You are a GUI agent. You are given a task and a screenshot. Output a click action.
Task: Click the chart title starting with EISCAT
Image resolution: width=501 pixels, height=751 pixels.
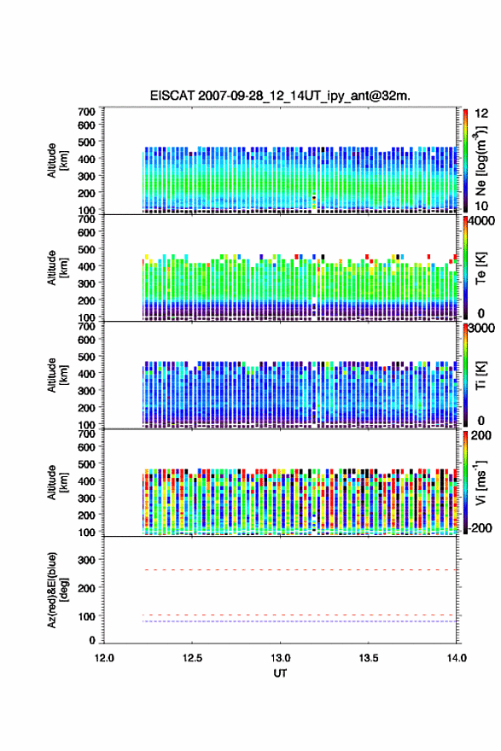tap(280, 96)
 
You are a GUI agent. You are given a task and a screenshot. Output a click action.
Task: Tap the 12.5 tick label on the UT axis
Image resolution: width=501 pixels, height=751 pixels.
tap(192, 658)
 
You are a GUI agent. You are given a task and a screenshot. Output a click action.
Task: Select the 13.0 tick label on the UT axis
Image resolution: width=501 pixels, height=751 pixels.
tap(280, 658)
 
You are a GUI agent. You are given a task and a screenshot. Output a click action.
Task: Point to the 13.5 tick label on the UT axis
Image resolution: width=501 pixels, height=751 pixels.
tap(369, 658)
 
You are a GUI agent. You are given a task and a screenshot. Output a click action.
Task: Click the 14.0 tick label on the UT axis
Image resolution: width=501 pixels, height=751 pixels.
tap(457, 658)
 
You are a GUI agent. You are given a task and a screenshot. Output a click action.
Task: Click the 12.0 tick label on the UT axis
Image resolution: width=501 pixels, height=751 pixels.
tap(104, 658)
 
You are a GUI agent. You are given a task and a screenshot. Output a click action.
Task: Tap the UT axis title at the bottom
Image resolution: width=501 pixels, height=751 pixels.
tap(280, 673)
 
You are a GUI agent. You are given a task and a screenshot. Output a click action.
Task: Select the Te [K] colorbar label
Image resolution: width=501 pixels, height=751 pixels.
tap(481, 268)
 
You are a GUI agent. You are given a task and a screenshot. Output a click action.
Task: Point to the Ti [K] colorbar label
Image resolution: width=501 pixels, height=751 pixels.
tap(481, 375)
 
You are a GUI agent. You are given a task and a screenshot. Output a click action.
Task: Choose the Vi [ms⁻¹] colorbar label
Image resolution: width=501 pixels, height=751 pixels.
tap(481, 482)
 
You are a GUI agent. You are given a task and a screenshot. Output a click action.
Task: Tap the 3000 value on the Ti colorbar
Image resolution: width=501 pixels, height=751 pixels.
tap(481, 329)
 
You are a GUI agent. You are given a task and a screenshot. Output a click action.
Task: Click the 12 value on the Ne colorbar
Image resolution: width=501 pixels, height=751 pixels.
tap(481, 114)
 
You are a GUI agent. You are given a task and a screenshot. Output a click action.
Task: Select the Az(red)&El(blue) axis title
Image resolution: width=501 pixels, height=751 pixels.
tap(57, 590)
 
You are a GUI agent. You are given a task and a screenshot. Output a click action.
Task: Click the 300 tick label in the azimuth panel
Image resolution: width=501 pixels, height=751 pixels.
tap(87, 560)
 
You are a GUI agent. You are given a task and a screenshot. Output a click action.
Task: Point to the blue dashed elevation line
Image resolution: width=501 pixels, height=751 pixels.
tap(300, 621)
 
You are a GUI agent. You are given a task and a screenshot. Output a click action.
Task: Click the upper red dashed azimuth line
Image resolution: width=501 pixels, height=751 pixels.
tap(300, 570)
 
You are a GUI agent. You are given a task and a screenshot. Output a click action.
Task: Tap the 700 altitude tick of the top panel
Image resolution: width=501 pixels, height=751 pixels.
tap(87, 112)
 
